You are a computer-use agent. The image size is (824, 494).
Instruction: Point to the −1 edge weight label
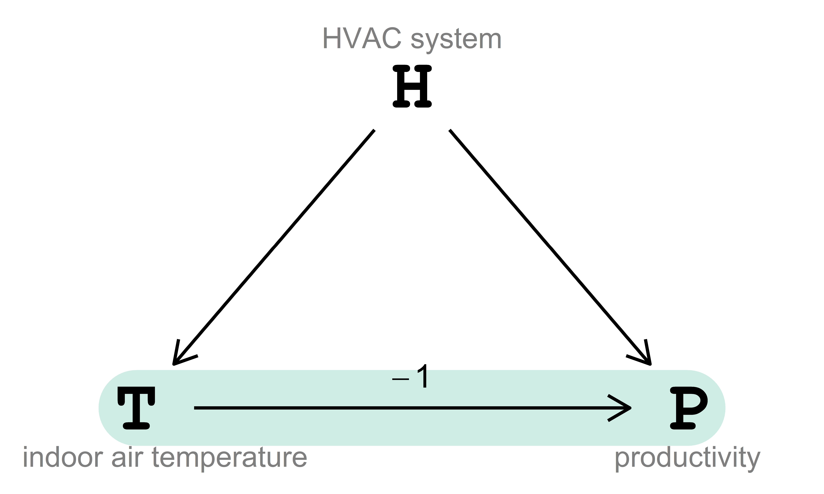(410, 377)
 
